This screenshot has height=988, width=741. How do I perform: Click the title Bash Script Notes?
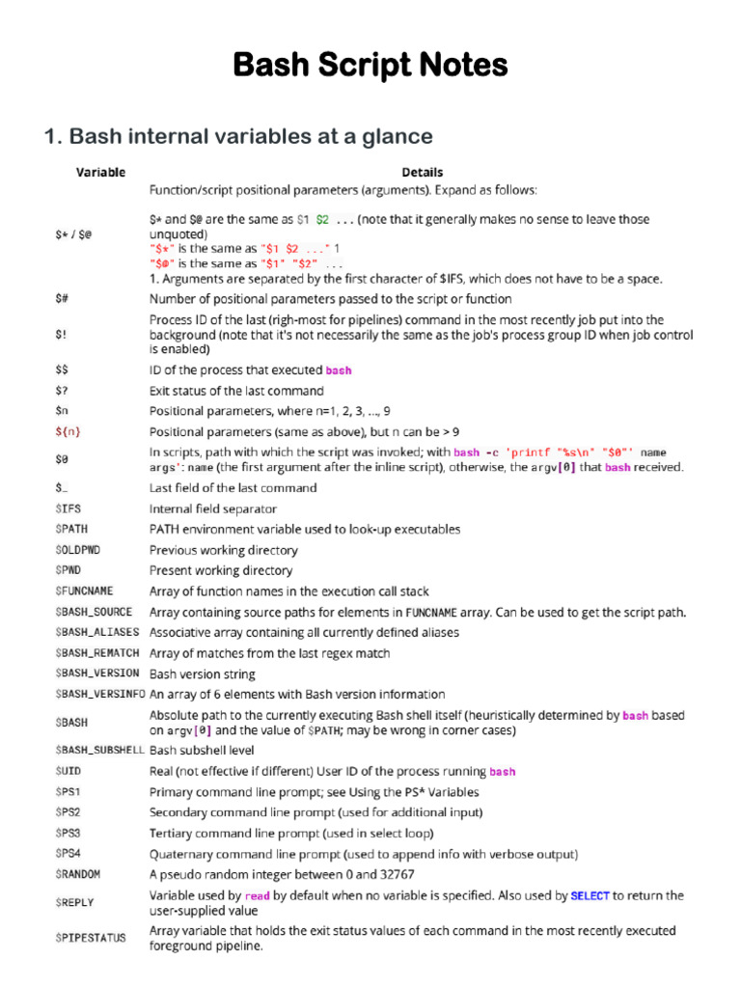click(370, 66)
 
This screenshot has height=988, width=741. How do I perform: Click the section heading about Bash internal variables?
click(238, 136)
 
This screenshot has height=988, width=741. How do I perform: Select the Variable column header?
click(100, 173)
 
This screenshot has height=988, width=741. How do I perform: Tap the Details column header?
click(423, 173)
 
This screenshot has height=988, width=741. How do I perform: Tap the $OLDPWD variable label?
click(77, 550)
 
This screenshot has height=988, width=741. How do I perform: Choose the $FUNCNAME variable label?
click(85, 591)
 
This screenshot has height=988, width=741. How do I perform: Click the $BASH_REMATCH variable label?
click(96, 653)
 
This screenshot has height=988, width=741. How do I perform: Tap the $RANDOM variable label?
click(77, 874)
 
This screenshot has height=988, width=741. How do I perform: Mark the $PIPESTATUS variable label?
click(90, 938)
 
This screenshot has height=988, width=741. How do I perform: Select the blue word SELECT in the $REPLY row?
click(590, 895)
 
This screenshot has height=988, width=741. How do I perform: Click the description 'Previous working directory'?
click(223, 550)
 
